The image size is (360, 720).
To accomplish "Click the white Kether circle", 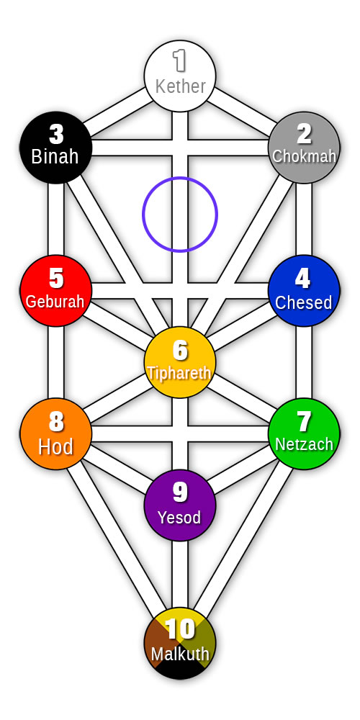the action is (180, 76).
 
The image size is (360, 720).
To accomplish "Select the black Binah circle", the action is (56, 148).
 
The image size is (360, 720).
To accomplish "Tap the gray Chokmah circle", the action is (304, 148).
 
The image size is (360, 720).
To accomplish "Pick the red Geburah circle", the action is (56, 291).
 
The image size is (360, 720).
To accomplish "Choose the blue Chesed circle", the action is (304, 291).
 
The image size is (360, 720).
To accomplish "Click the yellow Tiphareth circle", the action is (180, 362).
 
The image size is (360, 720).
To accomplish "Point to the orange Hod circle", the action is (56, 434).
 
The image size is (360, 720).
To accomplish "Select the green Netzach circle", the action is (304, 434).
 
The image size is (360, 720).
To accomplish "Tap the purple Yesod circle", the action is (180, 505).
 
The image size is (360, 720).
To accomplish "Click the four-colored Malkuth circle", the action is (180, 643).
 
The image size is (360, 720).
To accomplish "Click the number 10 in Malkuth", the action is (180, 629).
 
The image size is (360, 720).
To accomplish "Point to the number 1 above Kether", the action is (179, 61).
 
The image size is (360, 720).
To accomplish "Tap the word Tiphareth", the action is (179, 373).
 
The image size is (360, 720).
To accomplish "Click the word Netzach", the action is (304, 444).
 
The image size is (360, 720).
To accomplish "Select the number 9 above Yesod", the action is (180, 492).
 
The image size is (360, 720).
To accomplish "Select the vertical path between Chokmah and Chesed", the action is (304, 220).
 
